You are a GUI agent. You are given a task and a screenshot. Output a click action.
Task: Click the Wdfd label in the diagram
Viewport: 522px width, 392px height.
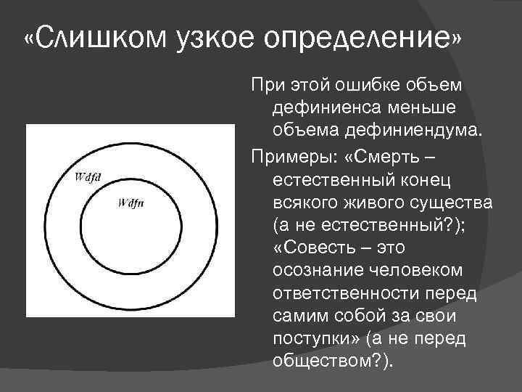pos(88,176)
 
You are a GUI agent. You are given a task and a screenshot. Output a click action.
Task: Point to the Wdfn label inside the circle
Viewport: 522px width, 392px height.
pos(130,203)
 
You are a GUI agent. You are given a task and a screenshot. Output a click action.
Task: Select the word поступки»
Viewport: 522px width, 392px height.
pos(312,339)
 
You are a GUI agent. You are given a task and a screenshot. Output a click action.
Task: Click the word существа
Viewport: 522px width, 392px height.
pos(449,201)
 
